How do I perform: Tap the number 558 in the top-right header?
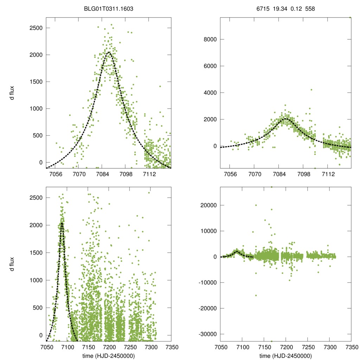point(310,9)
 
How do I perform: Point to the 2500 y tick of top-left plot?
point(36,28)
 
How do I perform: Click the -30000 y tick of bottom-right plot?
point(208,334)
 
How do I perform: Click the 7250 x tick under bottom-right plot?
point(308,347)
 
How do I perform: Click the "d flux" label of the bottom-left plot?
point(12,264)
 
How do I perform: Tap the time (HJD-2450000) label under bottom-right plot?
point(285,355)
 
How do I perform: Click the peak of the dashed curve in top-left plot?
point(109,52)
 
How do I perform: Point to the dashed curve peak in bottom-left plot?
point(62,223)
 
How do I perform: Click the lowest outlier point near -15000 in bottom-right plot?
point(256,295)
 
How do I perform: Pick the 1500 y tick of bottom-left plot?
point(36,253)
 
